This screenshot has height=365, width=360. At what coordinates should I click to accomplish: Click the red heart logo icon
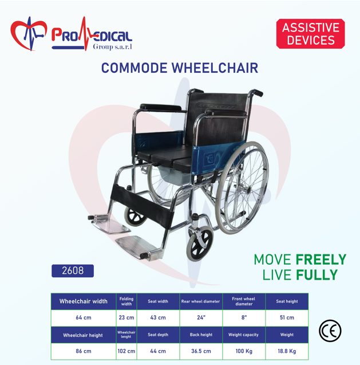[29, 34]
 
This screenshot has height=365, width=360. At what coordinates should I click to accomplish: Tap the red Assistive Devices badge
[310, 34]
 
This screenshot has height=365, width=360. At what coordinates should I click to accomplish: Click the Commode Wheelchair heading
[180, 68]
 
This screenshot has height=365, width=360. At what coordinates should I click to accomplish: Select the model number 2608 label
[73, 270]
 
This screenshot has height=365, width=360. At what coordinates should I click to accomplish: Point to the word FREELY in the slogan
[321, 260]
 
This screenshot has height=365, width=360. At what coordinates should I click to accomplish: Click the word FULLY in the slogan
[317, 275]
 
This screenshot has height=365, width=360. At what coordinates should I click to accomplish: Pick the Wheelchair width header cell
[84, 301]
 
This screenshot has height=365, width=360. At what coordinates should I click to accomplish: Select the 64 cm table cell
[84, 318]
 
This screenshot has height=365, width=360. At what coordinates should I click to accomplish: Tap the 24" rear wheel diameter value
[201, 318]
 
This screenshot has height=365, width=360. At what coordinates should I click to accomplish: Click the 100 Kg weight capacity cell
[244, 351]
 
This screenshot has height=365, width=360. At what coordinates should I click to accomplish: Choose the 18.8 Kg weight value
[287, 351]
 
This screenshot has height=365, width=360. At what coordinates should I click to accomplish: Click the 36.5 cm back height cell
[201, 351]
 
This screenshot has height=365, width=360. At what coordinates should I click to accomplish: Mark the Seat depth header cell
[158, 335]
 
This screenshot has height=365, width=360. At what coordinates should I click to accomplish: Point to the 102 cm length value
[126, 351]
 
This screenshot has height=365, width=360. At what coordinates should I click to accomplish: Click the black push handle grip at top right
[257, 92]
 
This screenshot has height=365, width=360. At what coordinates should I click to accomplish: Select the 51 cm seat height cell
[287, 318]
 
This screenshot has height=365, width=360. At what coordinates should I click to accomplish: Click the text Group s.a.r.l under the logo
[113, 47]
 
